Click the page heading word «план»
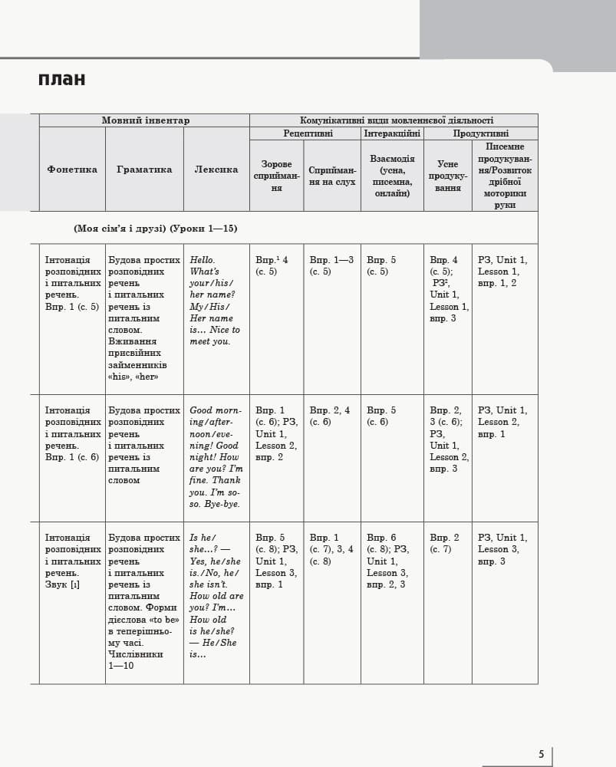[x=61, y=80]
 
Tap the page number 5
[x=542, y=754]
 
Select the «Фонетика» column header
[x=72, y=170]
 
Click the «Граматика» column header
[x=144, y=170]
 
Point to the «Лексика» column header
[x=216, y=170]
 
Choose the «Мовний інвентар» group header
[x=145, y=120]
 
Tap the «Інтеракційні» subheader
[x=392, y=133]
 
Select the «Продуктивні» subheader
[x=481, y=133]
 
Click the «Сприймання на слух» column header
[x=332, y=176]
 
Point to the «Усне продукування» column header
[x=448, y=176]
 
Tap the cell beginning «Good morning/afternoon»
[x=216, y=457]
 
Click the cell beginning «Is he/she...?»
[x=216, y=596]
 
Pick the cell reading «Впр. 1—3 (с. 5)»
[x=331, y=265]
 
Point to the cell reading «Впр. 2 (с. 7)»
[x=444, y=543]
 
